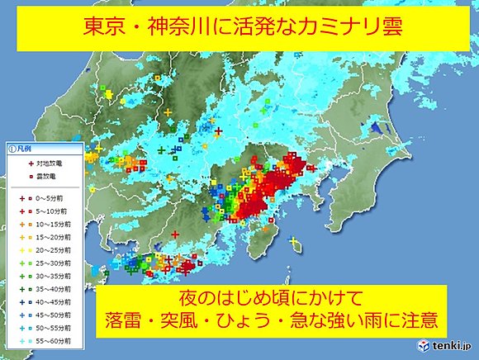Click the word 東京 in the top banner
tap(107, 28)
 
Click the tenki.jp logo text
tap(450, 344)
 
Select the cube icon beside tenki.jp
tap(424, 344)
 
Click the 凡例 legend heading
tap(28, 149)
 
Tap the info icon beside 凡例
tap(12, 149)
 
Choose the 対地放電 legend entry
tap(41, 164)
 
